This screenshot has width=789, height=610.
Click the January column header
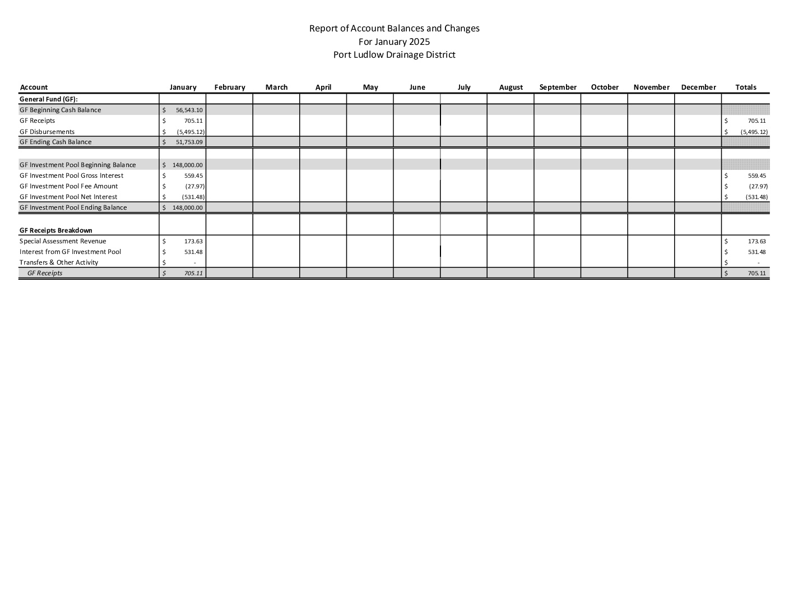pos(183,87)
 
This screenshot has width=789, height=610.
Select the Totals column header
pos(745,87)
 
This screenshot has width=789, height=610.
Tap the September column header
pos(558,87)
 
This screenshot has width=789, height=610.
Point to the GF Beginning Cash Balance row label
pos(61,110)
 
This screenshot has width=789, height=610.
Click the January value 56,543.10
pos(189,110)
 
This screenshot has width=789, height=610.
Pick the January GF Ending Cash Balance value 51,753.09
pos(189,142)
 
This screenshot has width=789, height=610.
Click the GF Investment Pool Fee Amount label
pos(69,186)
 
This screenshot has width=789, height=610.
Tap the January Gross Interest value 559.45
pos(193,176)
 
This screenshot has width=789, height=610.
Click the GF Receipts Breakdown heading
pos(56,230)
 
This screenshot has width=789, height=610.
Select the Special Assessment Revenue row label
pos(63,241)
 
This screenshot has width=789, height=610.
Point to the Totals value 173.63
pos(756,242)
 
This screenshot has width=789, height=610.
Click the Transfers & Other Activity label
pos(59,262)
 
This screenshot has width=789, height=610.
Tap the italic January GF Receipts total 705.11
pos(193,274)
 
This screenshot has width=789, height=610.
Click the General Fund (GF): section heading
pos(48,99)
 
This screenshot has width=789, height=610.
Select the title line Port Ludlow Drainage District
pos(394,55)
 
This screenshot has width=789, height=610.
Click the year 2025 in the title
pos(419,41)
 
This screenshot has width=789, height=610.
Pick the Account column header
pos(34,87)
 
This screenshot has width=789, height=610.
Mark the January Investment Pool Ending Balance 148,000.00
pos(188,208)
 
